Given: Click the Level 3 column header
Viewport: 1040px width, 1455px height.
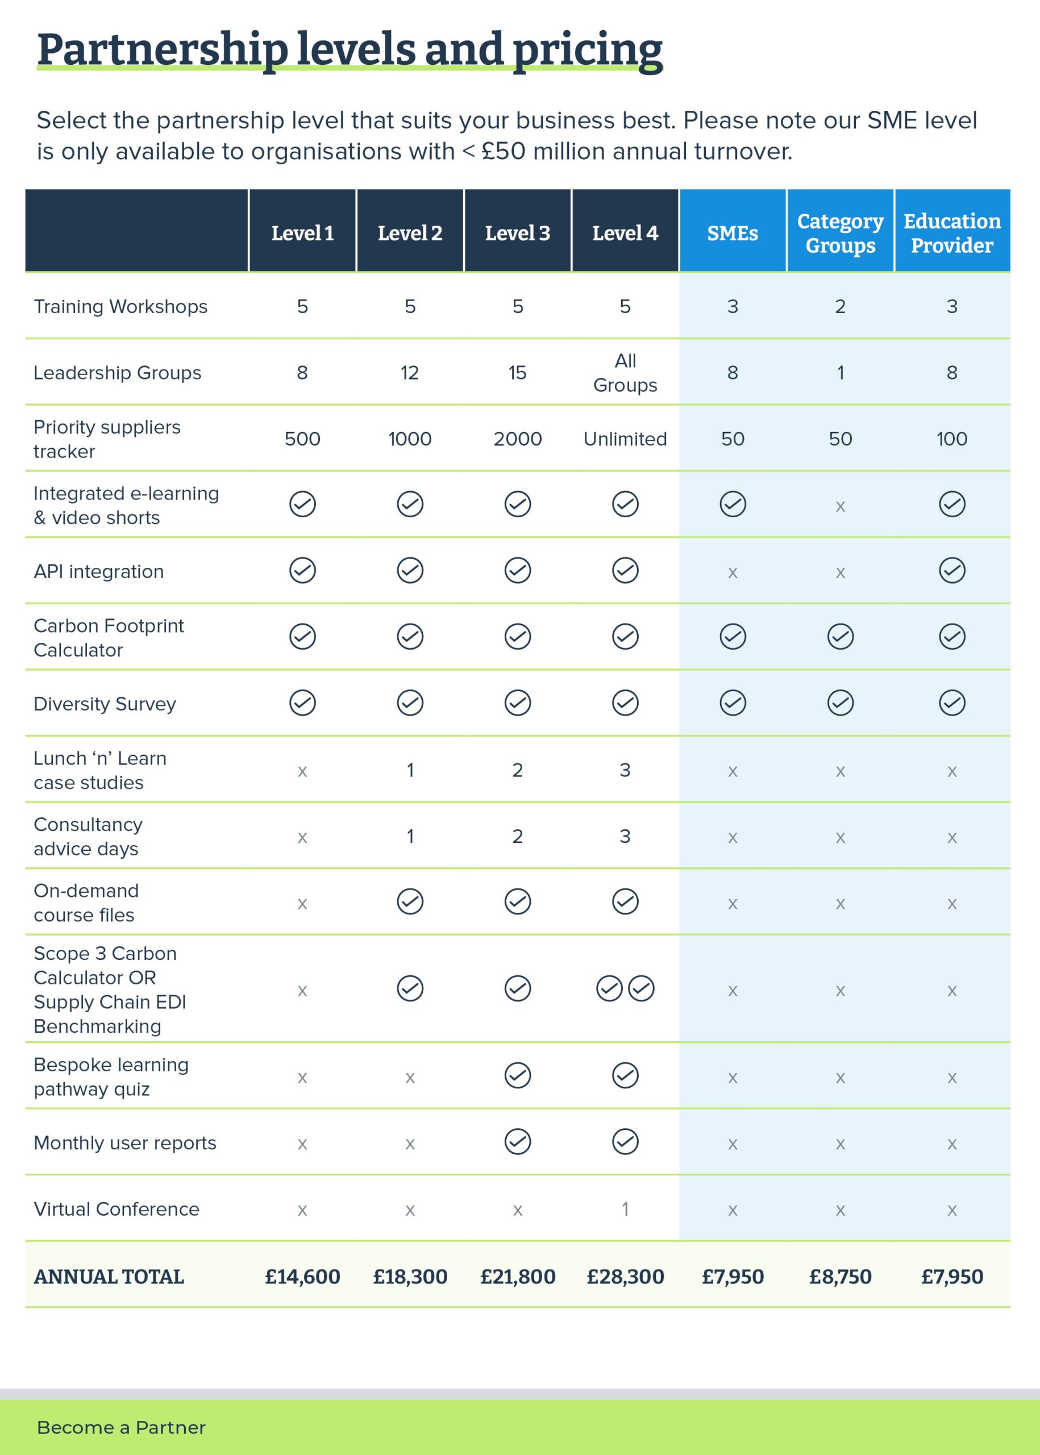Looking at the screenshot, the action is point(517,233).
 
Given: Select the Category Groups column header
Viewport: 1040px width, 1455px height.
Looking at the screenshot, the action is point(840,233).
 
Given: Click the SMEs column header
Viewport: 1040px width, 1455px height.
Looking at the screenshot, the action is point(733,233).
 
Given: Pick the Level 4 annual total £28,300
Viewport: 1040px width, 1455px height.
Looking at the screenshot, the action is point(625,1277).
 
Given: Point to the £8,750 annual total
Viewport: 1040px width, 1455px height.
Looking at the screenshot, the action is point(840,1277).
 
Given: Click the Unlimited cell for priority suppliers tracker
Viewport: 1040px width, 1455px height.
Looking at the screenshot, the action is point(625,439).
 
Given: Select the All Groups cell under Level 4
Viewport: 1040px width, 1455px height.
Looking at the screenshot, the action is point(625,373).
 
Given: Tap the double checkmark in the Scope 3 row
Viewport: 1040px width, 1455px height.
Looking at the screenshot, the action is point(625,988).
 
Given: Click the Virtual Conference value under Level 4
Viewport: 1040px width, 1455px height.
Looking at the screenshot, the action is point(625,1209).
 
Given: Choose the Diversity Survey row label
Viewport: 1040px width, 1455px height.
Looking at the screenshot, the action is point(105,704).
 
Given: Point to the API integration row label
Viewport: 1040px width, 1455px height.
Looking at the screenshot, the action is point(99,571).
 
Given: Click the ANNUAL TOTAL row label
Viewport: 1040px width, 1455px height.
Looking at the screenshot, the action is point(109,1277).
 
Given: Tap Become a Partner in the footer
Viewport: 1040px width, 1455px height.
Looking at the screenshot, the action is point(121,1428).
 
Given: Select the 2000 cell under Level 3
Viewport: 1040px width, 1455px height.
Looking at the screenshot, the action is point(517,439).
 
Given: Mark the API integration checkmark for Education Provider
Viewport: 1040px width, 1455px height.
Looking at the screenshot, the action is point(952,570).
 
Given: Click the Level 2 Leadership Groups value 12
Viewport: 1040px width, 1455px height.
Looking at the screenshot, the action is point(410,373).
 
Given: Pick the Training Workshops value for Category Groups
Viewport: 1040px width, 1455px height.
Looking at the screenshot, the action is point(840,306).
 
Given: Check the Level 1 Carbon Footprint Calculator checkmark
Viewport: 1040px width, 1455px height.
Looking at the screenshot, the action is point(302,637).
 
